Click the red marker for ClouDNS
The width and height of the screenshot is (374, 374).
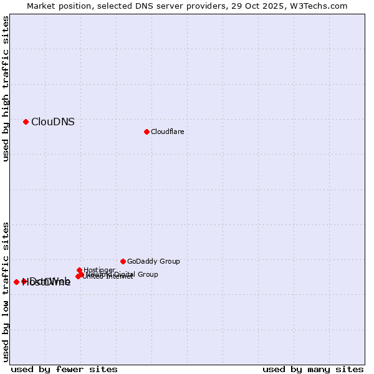[26, 122]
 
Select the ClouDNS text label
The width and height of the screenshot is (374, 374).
[53, 122]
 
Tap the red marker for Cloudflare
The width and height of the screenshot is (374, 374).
[146, 132]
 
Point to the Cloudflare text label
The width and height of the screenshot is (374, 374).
[168, 132]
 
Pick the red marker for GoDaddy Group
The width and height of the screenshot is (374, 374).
[123, 261]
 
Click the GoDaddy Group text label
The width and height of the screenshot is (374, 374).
[153, 261]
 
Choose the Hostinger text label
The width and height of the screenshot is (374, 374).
[99, 270]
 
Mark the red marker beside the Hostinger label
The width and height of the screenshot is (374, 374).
[79, 271]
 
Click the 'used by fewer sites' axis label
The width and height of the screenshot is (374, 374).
[64, 369]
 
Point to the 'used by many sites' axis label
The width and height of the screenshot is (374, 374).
[313, 369]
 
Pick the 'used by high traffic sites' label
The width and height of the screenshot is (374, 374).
[6, 89]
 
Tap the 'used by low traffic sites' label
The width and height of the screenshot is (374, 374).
[6, 291]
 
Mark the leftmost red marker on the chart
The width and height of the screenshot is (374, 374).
[16, 282]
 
